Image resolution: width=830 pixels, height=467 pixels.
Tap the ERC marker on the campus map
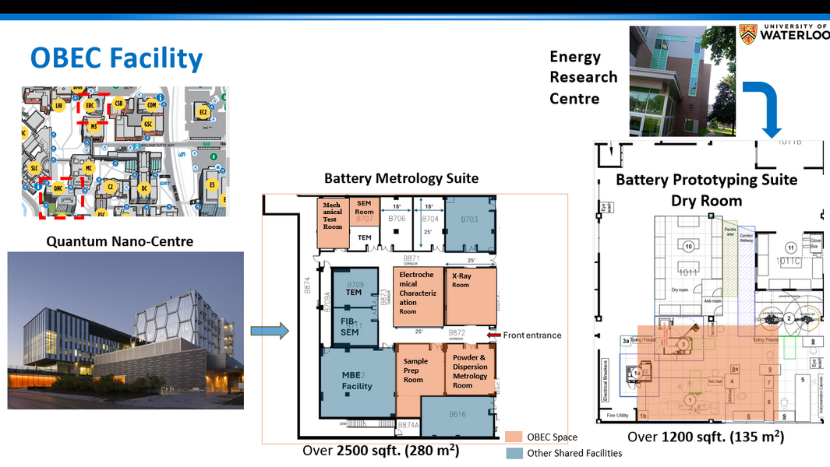coord(90,105)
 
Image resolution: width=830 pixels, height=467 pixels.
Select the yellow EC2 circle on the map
coord(203,113)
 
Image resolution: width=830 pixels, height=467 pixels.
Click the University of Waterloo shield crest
coord(748,34)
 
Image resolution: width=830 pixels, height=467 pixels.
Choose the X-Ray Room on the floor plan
coord(470,297)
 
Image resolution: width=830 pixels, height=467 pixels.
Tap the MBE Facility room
coord(357,381)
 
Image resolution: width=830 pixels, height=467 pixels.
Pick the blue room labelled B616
coord(457,416)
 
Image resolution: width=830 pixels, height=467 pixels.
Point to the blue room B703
coord(469,221)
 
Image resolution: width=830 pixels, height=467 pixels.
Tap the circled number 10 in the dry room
coord(688,247)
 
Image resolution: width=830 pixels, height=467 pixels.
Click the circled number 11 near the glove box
coord(791,248)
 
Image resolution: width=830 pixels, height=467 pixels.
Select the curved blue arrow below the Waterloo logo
coord(764,109)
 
